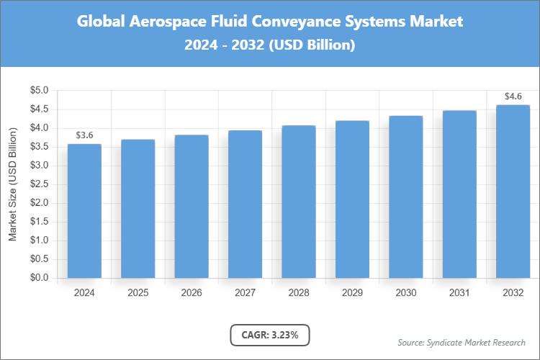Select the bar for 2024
(84, 211)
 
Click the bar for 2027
(245, 204)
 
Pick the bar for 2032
(513, 192)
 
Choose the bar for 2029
(352, 199)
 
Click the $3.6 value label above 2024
(84, 135)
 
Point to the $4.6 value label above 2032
(513, 96)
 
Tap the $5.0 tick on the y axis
(38, 91)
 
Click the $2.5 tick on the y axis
(38, 184)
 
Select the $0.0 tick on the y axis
(38, 278)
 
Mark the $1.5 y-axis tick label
(38, 222)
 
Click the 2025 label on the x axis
(138, 293)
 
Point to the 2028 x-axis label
(299, 293)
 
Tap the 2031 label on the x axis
(459, 293)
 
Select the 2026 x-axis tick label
(192, 293)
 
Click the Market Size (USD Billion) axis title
(12, 184)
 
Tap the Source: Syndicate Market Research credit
(461, 342)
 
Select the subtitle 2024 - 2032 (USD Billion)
(270, 45)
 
